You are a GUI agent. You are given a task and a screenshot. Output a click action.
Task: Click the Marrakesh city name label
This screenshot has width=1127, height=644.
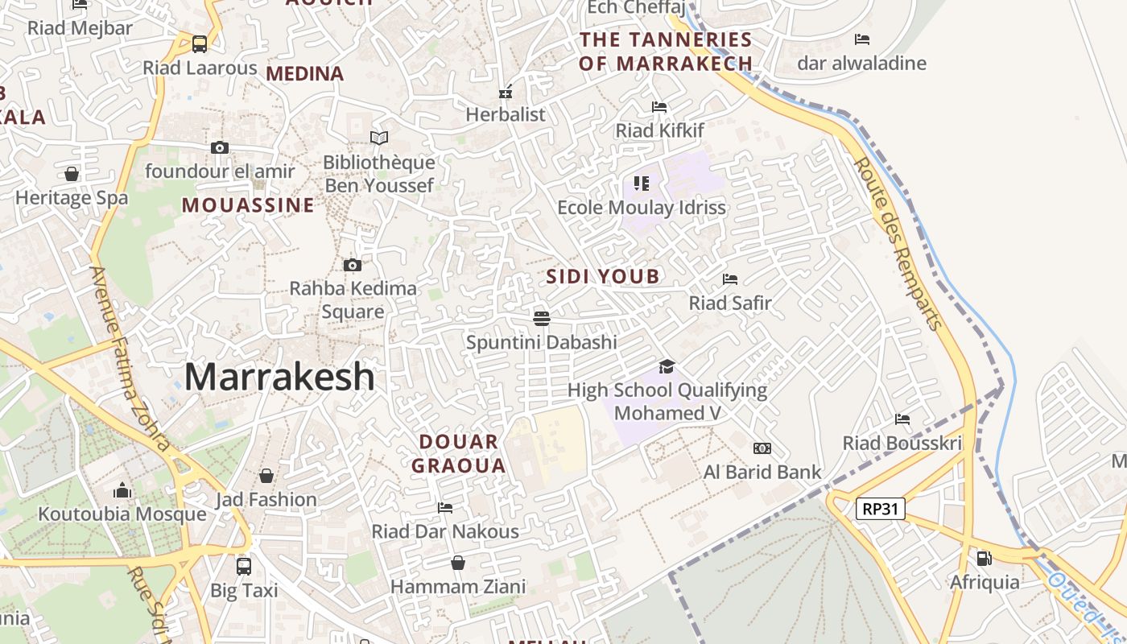pyautogui.click(x=279, y=377)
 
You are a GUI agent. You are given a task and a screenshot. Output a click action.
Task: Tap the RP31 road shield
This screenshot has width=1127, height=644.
pyautogui.click(x=881, y=509)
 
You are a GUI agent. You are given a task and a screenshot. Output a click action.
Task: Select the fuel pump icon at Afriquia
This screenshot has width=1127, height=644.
pyautogui.click(x=984, y=558)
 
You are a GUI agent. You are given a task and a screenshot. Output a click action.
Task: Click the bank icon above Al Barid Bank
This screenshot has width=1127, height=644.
pyautogui.click(x=762, y=448)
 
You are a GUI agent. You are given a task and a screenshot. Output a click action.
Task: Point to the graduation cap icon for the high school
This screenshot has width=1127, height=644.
pyautogui.click(x=667, y=367)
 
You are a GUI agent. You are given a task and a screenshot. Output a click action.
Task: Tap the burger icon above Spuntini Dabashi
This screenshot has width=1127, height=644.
pyautogui.click(x=542, y=318)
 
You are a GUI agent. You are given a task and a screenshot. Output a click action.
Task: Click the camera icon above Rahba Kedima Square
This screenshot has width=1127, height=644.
pyautogui.click(x=352, y=265)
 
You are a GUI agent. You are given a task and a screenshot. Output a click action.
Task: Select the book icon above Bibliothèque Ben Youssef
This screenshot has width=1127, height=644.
pyautogui.click(x=378, y=138)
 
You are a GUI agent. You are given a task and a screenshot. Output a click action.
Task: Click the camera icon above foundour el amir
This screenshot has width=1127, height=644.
pyautogui.click(x=220, y=147)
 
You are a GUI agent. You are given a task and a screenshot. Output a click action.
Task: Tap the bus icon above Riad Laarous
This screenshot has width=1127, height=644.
pyautogui.click(x=200, y=44)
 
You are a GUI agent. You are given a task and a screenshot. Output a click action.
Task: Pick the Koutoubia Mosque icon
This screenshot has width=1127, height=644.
pyautogui.click(x=122, y=490)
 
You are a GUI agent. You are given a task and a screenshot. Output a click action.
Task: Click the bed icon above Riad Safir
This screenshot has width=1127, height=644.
pyautogui.click(x=730, y=279)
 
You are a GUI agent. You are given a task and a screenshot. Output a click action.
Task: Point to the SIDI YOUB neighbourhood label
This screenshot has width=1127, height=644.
pyautogui.click(x=603, y=277)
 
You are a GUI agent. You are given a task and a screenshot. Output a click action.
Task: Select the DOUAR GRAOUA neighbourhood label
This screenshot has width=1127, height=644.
pyautogui.click(x=459, y=453)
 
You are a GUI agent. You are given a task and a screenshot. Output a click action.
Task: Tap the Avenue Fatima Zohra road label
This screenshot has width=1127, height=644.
pyautogui.click(x=129, y=358)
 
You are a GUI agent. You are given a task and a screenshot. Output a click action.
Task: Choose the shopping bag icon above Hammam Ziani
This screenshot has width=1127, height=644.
pyautogui.click(x=458, y=563)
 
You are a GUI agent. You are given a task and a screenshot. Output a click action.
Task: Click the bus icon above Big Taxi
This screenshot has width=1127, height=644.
pyautogui.click(x=244, y=567)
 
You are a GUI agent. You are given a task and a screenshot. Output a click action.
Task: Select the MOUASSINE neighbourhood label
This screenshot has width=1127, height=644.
pyautogui.click(x=248, y=205)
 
